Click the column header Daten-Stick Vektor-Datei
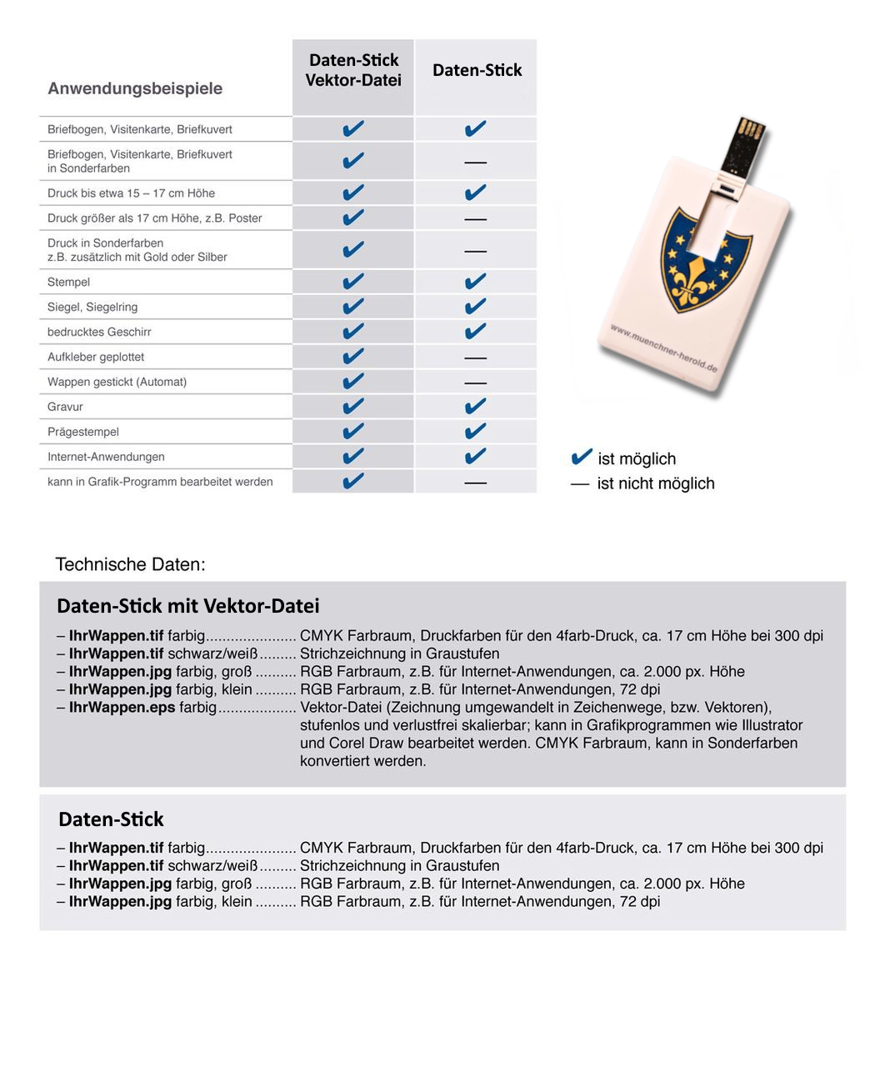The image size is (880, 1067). click(x=353, y=70)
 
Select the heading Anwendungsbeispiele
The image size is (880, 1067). click(x=135, y=88)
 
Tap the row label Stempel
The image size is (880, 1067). click(x=68, y=282)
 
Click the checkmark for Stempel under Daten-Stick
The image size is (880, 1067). click(x=475, y=282)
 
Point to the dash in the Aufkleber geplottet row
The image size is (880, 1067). click(x=475, y=358)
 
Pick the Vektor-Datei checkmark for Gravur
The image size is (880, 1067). click(x=353, y=406)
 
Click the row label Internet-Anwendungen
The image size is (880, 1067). click(x=106, y=457)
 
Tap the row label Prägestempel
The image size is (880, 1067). click(x=83, y=432)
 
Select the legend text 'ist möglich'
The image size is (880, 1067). click(x=637, y=459)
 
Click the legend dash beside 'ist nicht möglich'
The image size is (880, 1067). click(x=580, y=483)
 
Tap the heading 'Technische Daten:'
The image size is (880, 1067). click(x=130, y=564)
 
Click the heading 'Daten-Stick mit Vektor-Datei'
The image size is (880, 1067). click(x=188, y=606)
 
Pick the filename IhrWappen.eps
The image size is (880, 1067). click(x=122, y=708)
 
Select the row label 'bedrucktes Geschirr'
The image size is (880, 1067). click(x=99, y=332)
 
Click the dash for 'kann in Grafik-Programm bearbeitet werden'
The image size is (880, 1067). click(x=475, y=483)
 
